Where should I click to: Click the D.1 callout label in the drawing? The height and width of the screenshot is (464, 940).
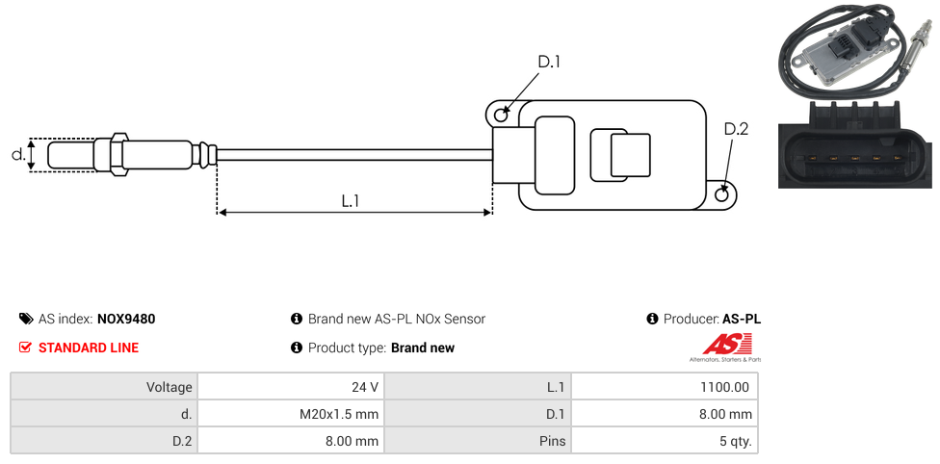pyautogui.click(x=549, y=62)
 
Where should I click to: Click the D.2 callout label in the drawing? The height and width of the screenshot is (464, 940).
pyautogui.click(x=736, y=129)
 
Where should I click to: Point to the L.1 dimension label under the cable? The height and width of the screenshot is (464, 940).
pyautogui.click(x=351, y=200)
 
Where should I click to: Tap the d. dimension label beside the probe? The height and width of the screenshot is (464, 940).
pyautogui.click(x=17, y=154)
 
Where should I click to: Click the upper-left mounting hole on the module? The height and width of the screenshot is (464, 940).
pyautogui.click(x=501, y=116)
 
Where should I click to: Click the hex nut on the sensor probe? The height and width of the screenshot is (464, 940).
pyautogui.click(x=119, y=154)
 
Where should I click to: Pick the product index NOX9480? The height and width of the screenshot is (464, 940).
pyautogui.click(x=126, y=319)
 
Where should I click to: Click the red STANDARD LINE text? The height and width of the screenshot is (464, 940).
pyautogui.click(x=89, y=348)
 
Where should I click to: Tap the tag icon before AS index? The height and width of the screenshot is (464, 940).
pyautogui.click(x=26, y=319)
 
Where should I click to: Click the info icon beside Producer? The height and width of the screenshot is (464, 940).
pyautogui.click(x=652, y=319)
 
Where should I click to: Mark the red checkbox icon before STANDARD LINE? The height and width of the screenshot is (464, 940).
pyautogui.click(x=26, y=348)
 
